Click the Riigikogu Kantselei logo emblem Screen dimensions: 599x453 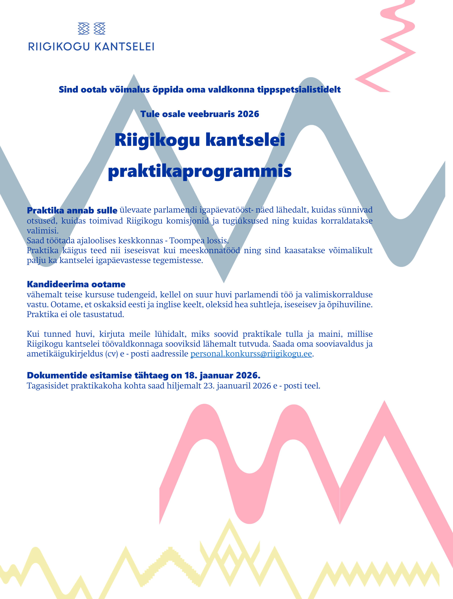[91, 29]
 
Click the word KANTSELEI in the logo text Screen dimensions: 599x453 [124, 47]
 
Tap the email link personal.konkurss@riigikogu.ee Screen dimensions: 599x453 [251, 354]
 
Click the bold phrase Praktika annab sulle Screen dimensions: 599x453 [72, 210]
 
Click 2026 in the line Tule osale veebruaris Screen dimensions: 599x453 [248, 114]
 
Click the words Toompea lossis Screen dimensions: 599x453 [199, 240]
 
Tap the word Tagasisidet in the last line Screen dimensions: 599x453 [48, 386]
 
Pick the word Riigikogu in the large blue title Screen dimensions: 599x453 [157, 140]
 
